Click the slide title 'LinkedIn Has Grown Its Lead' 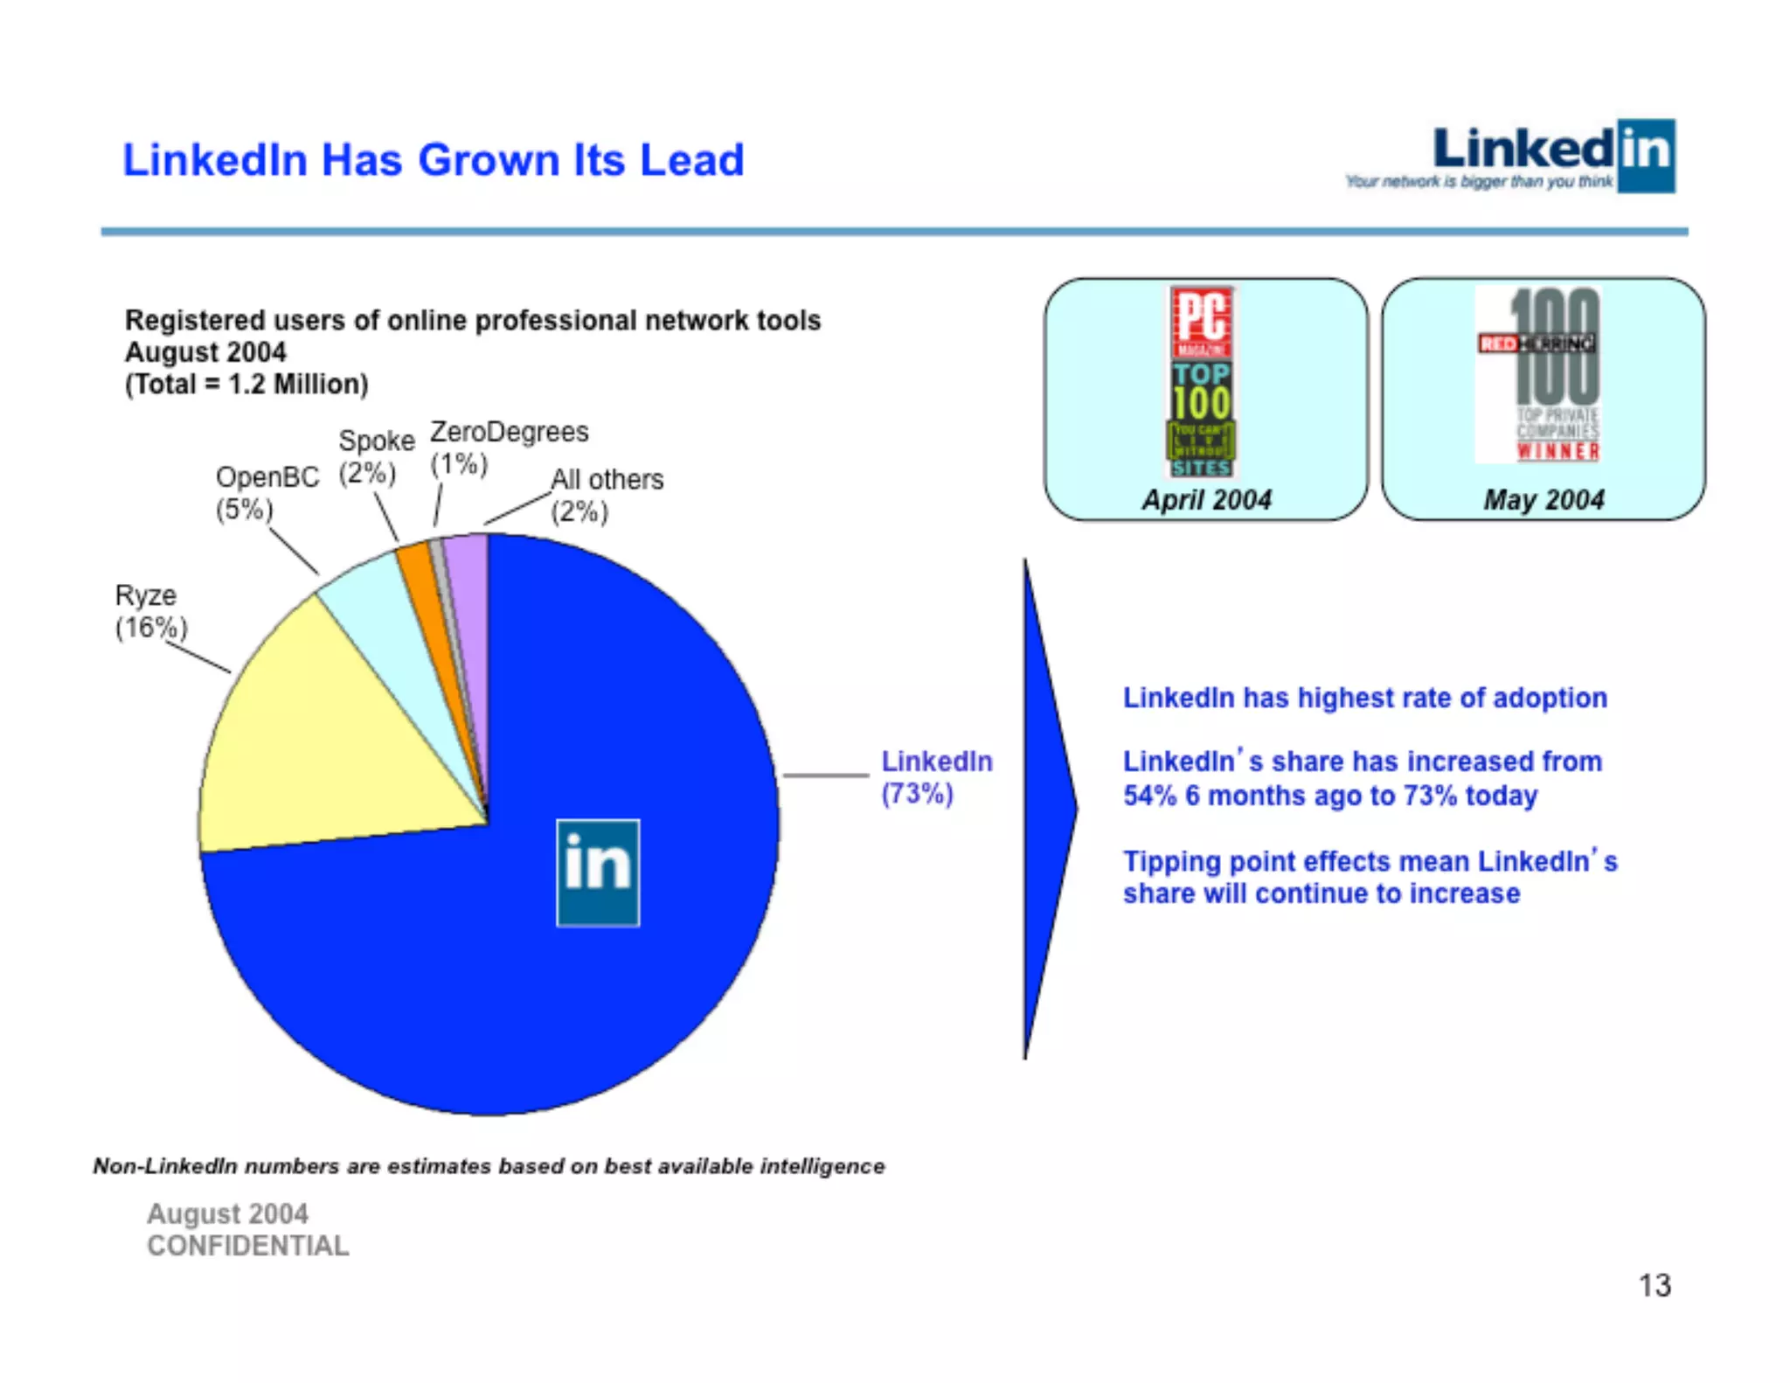point(433,160)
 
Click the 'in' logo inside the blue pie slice point(598,872)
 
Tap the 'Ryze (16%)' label point(150,611)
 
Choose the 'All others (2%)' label point(607,495)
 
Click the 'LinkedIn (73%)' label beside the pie point(936,777)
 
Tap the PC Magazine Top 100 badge point(1202,382)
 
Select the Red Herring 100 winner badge point(1538,374)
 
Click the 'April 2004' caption point(1206,500)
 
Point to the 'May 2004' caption point(1544,500)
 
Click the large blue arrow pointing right point(1046,809)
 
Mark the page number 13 point(1654,1285)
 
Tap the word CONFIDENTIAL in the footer point(247,1246)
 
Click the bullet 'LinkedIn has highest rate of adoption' point(1364,698)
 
